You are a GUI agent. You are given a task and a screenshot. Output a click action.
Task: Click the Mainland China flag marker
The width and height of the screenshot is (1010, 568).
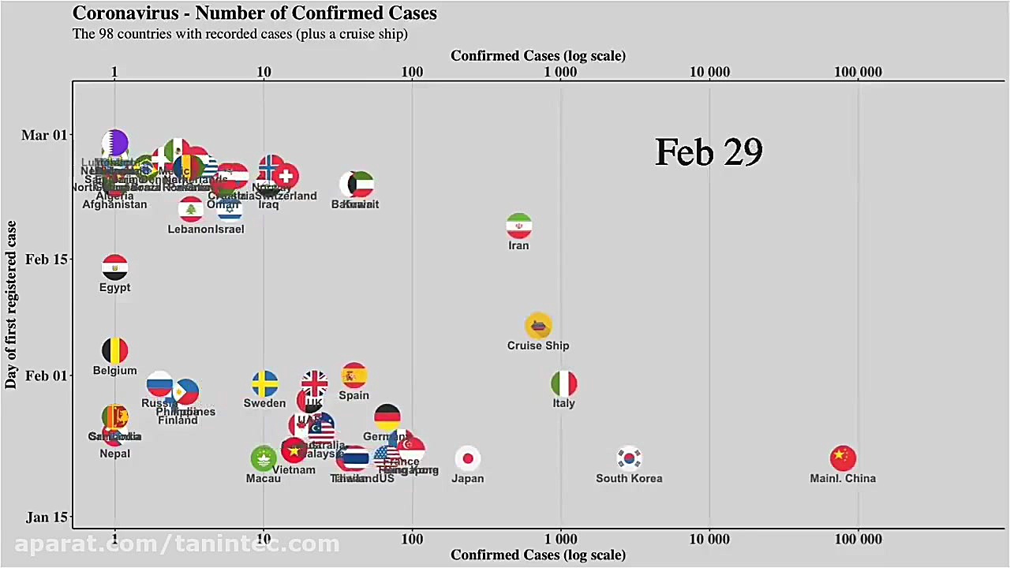point(843,458)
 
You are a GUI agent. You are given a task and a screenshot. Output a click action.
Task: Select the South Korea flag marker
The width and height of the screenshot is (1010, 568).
point(629,458)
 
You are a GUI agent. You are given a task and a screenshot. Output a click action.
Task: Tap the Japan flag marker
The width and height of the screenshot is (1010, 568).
point(468,458)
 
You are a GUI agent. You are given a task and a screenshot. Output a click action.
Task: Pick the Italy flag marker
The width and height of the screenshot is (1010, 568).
point(563,383)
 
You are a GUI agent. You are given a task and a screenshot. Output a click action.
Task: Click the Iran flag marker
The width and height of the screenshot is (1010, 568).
point(518,226)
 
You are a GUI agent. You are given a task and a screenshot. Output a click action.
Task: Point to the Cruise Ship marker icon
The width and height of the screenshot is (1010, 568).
point(538,326)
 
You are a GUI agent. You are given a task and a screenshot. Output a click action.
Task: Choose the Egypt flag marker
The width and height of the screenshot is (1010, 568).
point(115,267)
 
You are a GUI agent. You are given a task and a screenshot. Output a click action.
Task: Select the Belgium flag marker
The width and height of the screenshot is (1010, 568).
point(115,350)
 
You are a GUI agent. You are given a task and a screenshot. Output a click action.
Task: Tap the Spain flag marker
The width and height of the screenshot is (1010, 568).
point(353,376)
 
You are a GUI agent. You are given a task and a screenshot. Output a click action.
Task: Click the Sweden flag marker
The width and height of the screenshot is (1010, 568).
point(264,383)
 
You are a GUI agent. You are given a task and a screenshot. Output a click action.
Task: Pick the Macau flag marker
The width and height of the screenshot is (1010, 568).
point(263,458)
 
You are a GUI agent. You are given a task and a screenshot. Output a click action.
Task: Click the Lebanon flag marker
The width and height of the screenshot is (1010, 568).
point(190,210)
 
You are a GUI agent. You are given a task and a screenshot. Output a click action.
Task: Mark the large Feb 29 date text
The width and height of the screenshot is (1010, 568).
point(709,152)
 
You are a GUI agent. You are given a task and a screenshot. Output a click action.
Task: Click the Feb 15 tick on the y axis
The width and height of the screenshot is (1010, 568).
point(47,260)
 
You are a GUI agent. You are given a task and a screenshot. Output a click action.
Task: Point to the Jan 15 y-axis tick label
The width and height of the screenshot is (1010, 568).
point(47,518)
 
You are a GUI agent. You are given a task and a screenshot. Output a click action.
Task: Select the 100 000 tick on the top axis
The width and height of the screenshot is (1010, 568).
point(858,73)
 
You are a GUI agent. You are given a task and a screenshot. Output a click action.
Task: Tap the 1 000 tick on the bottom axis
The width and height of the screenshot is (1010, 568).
point(561,540)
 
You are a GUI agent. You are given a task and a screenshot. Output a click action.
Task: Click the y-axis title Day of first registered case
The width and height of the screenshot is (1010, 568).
point(11,305)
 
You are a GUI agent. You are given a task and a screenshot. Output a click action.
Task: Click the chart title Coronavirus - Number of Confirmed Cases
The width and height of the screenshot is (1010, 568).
point(254,13)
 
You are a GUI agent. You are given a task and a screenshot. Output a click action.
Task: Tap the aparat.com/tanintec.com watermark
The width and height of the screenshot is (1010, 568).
point(177,544)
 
